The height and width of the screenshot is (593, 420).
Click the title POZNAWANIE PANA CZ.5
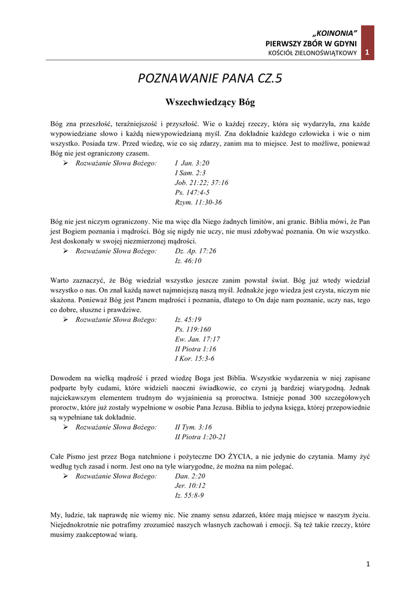click(210, 78)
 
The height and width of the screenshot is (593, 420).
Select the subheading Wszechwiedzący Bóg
click(210, 103)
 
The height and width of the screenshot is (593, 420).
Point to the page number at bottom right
click(368, 563)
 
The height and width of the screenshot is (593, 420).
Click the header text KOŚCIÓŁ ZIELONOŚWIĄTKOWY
click(312, 54)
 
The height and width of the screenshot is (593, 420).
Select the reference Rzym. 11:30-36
click(198, 203)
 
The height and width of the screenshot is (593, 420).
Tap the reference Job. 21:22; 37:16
click(202, 183)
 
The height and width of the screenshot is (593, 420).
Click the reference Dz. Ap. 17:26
click(195, 251)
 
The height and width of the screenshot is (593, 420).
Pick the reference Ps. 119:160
click(193, 330)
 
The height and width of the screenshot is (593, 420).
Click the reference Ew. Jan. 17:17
click(198, 339)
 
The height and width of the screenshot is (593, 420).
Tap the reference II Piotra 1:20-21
click(200, 437)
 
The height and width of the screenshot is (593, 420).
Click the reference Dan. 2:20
click(190, 476)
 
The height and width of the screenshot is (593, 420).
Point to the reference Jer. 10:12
click(190, 486)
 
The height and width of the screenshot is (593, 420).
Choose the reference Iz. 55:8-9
click(189, 496)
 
